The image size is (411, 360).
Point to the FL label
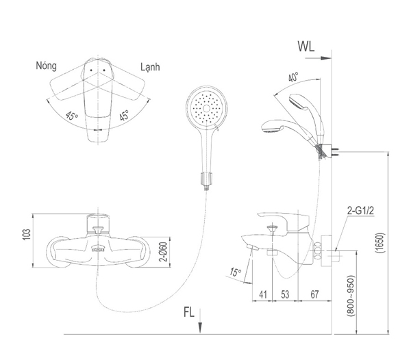click(190, 314)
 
